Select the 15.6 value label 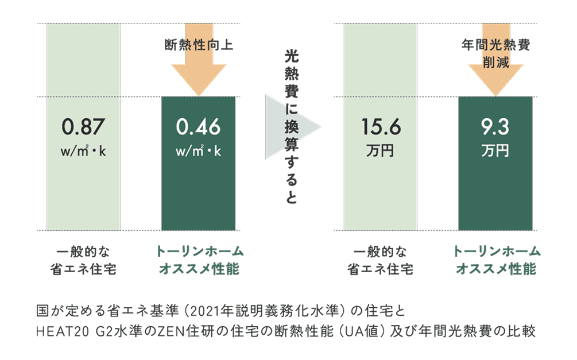coord(381,127)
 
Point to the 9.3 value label coord(495,127)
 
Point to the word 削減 coord(495,63)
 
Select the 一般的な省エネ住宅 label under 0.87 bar coord(83,261)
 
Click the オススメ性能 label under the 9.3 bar coord(495,269)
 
